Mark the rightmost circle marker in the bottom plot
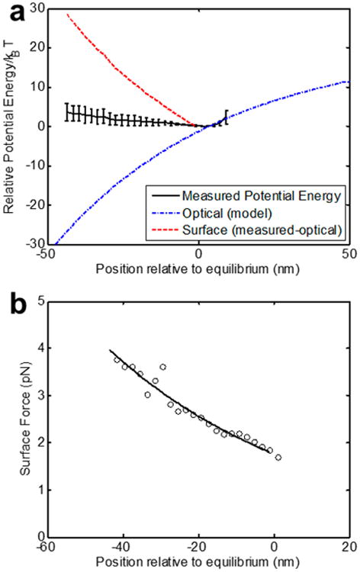click(278, 458)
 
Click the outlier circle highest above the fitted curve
click(162, 367)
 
